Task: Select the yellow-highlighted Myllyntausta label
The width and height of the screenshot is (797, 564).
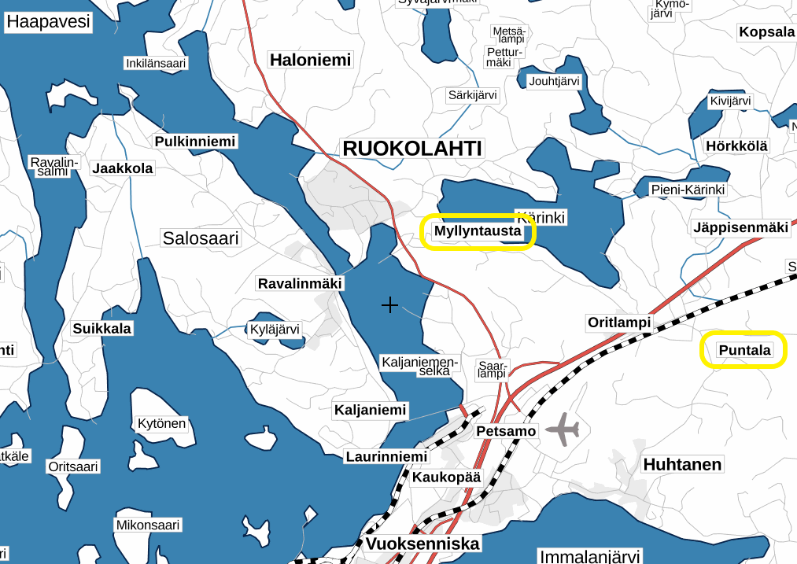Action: [x=478, y=232]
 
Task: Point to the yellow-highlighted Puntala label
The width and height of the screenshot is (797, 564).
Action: [x=743, y=350]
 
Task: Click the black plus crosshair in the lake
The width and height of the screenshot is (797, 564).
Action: [x=389, y=304]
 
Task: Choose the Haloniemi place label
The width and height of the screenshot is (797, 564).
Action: [x=310, y=60]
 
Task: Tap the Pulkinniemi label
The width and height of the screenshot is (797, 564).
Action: [x=195, y=142]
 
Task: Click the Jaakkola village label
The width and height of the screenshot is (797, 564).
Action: [x=123, y=168]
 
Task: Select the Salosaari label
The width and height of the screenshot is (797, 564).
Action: [x=201, y=238]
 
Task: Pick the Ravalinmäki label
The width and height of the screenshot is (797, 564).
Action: [x=301, y=283]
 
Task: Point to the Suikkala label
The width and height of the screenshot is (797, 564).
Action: [x=102, y=328]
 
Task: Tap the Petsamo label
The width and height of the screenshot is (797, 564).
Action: [x=506, y=431]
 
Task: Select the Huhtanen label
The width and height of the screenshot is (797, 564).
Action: [x=682, y=464]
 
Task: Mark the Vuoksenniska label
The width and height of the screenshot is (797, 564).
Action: [x=422, y=544]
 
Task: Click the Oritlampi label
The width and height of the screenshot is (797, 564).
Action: [x=619, y=323]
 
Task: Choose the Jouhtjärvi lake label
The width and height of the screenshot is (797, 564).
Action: [x=554, y=81]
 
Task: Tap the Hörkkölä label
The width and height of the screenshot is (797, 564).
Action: [x=736, y=146]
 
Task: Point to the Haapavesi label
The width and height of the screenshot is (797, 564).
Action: [x=48, y=21]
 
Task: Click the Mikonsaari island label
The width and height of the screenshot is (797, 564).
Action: [x=148, y=525]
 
